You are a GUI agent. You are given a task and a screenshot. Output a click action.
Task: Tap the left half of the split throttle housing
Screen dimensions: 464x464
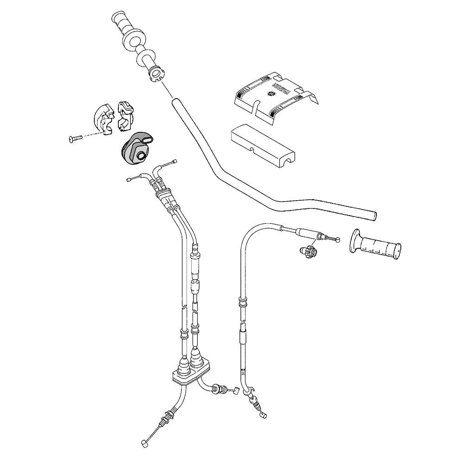(x=103, y=119)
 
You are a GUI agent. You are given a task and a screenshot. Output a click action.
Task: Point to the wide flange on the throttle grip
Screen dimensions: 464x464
(x=134, y=41)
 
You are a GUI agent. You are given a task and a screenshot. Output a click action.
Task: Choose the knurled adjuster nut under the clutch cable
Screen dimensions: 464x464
(x=309, y=251)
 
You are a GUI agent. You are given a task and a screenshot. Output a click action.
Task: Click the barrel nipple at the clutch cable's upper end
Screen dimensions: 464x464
(x=338, y=240)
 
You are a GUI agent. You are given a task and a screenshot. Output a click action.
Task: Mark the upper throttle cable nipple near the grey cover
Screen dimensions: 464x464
(x=174, y=161)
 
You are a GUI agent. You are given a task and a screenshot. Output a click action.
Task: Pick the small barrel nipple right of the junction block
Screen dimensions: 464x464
(x=237, y=391)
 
